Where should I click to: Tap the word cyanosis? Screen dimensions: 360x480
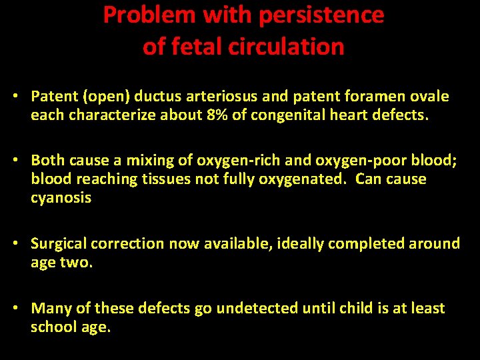click(x=61, y=198)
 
